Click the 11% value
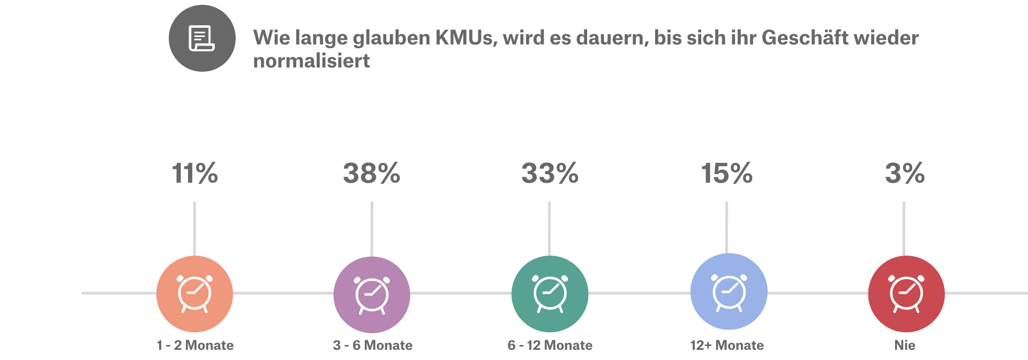(194, 173)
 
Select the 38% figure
(372, 173)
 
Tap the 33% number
(550, 173)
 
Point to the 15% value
(727, 173)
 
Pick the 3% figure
(905, 173)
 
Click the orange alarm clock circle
(194, 294)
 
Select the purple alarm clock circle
(372, 294)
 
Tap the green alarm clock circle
(550, 294)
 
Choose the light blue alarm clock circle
(729, 291)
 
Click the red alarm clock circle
(906, 294)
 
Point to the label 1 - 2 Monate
(195, 345)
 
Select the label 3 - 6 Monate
(372, 345)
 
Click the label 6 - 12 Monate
(550, 345)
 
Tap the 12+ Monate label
(727, 345)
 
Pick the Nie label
(905, 345)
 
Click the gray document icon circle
(202, 38)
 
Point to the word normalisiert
(311, 61)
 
